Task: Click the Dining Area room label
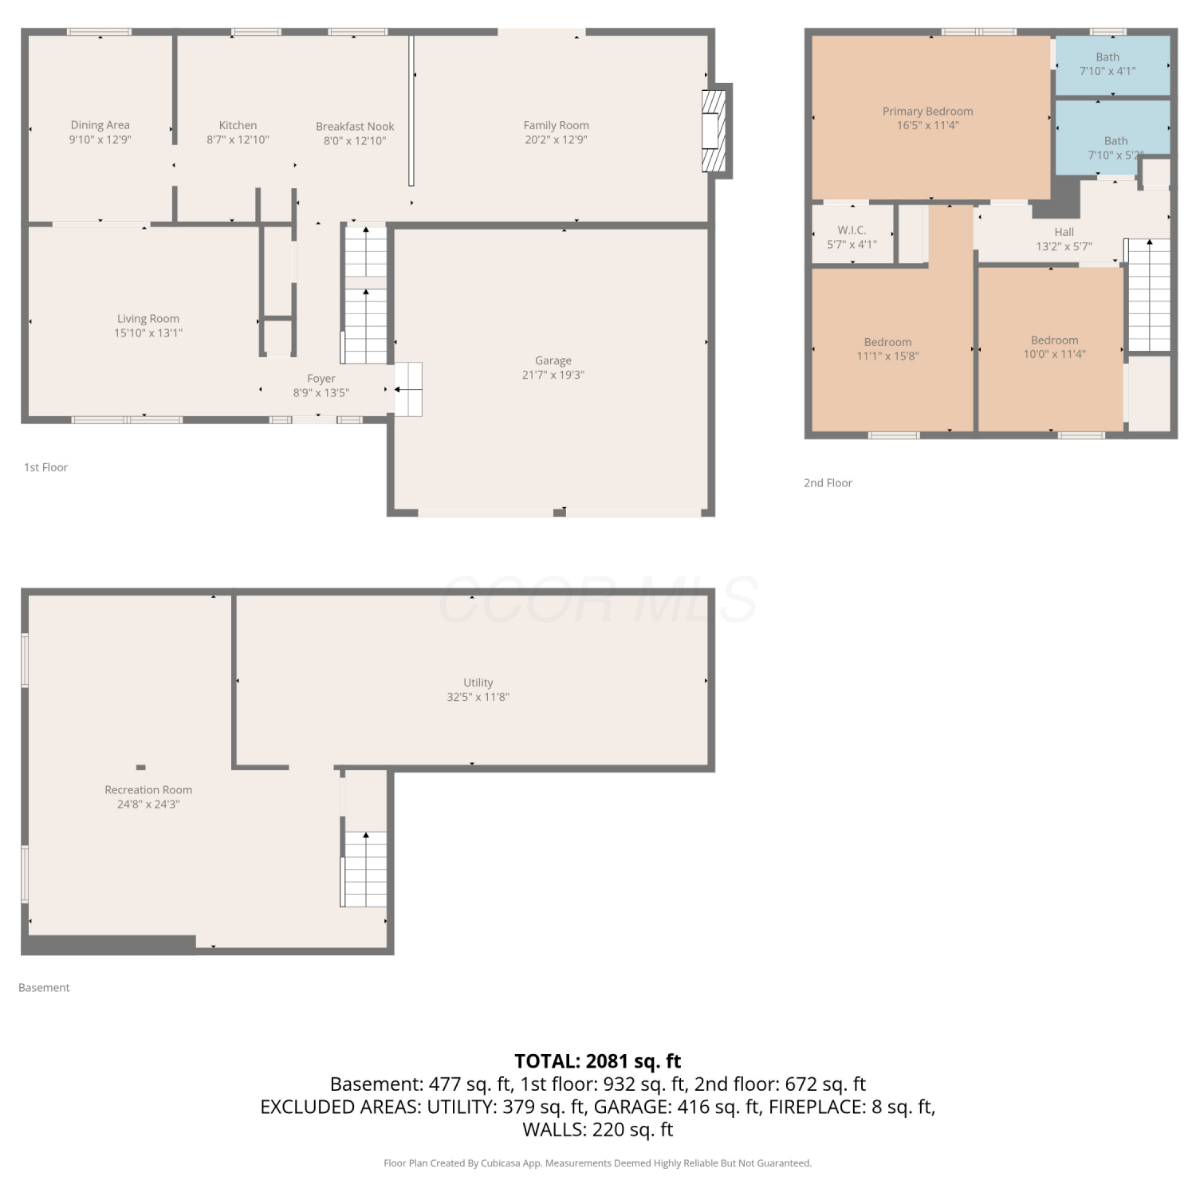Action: (100, 125)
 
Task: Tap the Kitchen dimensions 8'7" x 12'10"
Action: (238, 140)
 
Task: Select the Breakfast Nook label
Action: (355, 127)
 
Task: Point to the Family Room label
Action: (556, 125)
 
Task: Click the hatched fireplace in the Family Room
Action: (714, 131)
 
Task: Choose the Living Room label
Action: (148, 319)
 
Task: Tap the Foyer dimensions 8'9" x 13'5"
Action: (321, 393)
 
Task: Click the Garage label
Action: (553, 360)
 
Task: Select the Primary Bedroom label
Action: (927, 112)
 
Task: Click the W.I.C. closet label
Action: (852, 230)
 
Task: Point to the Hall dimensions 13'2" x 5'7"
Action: (1064, 247)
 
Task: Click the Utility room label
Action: (478, 683)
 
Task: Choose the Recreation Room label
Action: (148, 790)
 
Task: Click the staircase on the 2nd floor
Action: (1149, 295)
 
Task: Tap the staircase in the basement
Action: (365, 869)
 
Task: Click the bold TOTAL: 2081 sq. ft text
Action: (598, 1061)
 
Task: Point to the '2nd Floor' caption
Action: (828, 483)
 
